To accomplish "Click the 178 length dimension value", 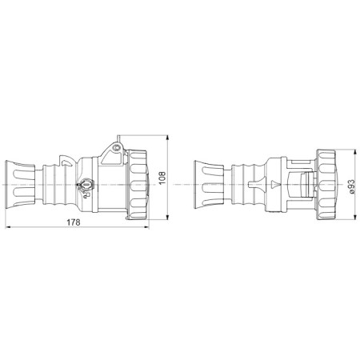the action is (x=74, y=222).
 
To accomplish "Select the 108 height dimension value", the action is (x=162, y=178).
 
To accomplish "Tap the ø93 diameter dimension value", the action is (x=352, y=186).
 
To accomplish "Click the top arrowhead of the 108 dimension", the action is (x=167, y=138).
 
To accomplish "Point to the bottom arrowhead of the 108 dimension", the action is (x=167, y=217).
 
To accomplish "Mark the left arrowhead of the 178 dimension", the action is (x=8, y=227).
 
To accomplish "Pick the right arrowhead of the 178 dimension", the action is (x=146, y=227).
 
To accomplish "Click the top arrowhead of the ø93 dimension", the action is (x=354, y=152).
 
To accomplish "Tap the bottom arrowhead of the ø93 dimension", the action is (x=354, y=217).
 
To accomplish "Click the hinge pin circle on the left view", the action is (x=116, y=147).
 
